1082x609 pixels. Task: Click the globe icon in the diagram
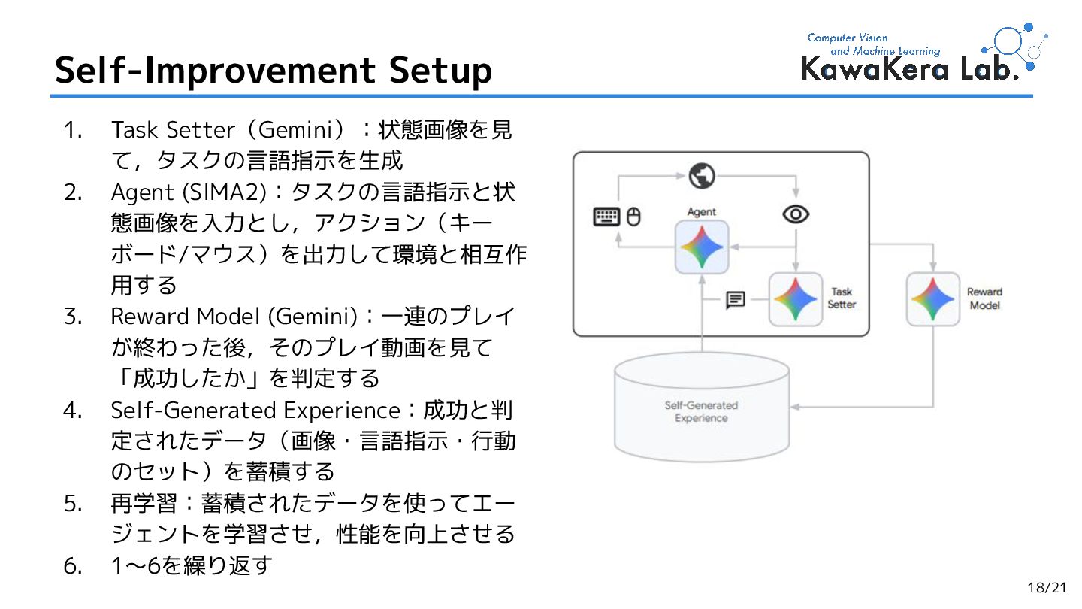coord(702,176)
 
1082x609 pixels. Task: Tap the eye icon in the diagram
coord(796,215)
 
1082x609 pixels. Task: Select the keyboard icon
coord(606,217)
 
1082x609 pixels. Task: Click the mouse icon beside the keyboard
coord(633,217)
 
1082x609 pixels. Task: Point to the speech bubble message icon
coord(736,301)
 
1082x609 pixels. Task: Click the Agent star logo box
coord(702,247)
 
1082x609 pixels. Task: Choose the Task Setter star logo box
coord(796,299)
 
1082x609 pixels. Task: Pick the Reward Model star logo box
coord(933,299)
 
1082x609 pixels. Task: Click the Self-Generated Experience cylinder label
coord(701,412)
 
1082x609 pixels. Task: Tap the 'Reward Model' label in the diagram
coord(984,298)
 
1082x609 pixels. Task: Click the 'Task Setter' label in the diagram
coord(842,298)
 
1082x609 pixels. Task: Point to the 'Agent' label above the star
coord(702,212)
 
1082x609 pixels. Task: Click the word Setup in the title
coord(440,70)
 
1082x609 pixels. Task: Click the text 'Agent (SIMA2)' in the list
coord(189,192)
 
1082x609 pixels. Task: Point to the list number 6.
coord(73,565)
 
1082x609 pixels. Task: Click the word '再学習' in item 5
coord(144,503)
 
